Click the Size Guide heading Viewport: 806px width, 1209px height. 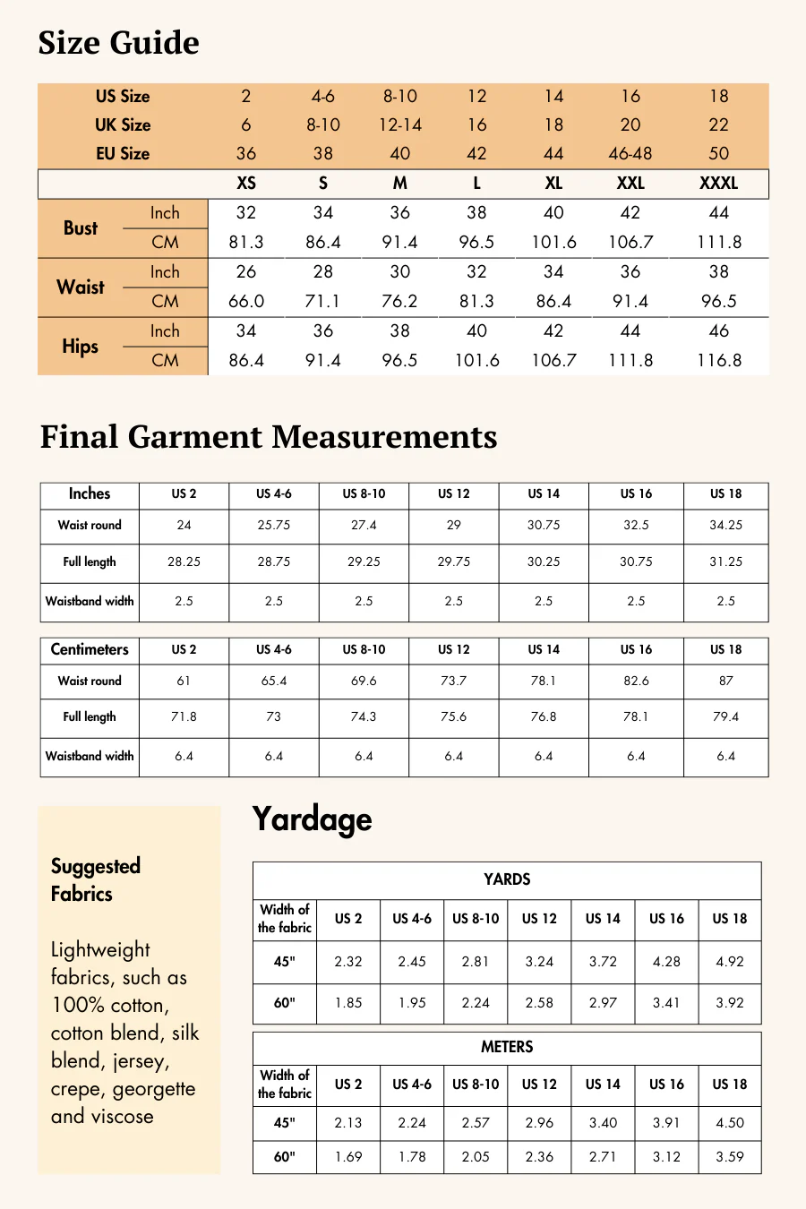(118, 43)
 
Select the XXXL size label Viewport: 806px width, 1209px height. (718, 184)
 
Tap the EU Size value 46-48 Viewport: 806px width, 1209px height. (630, 153)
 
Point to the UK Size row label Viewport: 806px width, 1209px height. (123, 124)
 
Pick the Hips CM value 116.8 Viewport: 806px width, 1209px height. (719, 360)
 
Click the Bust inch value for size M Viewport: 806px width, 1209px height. (399, 213)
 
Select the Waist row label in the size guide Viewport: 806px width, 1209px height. (81, 287)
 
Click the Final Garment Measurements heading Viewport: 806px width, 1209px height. (269, 437)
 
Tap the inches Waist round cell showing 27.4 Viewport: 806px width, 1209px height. (364, 525)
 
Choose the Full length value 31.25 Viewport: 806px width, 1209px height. (725, 562)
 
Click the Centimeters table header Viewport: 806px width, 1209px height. (90, 649)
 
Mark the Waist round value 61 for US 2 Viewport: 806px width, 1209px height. (184, 681)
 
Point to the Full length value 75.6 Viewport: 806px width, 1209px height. (453, 716)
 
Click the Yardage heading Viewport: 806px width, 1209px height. (312, 819)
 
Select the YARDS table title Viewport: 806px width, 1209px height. (507, 879)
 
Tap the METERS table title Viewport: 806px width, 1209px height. (507, 1047)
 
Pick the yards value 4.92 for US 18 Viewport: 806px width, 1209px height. (730, 962)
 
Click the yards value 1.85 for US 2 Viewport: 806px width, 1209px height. (348, 1003)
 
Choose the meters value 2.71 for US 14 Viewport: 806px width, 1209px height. (603, 1157)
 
